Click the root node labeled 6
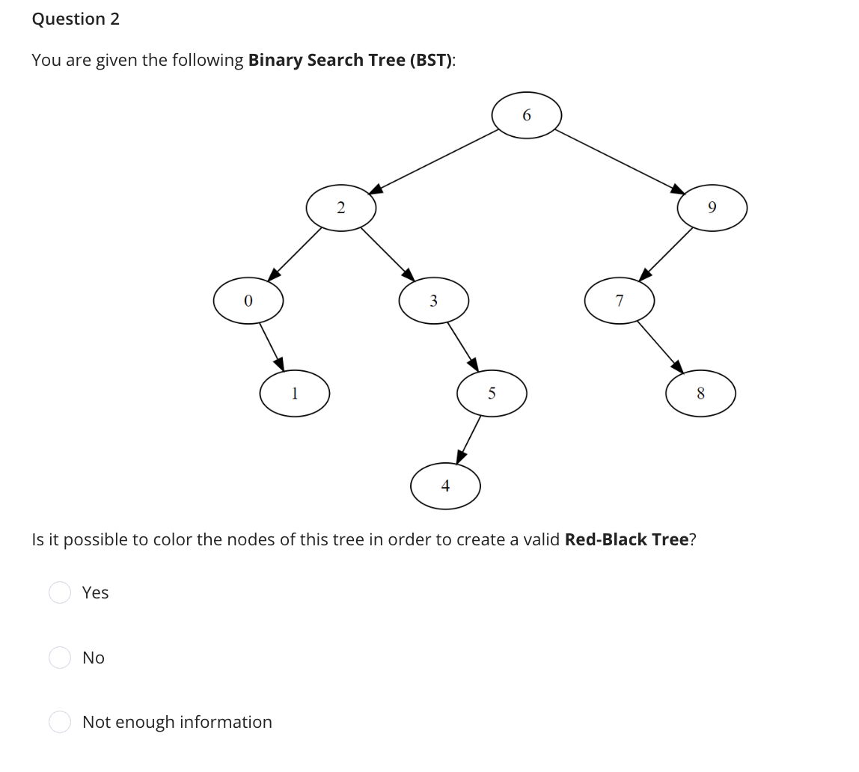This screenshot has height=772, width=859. (x=526, y=115)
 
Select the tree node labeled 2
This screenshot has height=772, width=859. (x=340, y=208)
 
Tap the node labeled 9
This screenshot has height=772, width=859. (x=712, y=208)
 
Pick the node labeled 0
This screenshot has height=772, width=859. (x=248, y=301)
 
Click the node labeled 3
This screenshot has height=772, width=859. (x=433, y=301)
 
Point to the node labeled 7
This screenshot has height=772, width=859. (x=619, y=301)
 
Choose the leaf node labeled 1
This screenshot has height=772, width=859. (x=295, y=393)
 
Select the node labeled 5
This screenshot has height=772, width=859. (x=492, y=393)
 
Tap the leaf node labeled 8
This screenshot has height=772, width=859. (x=700, y=393)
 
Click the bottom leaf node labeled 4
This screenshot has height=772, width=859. (x=445, y=486)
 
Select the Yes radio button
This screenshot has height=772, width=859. (x=60, y=592)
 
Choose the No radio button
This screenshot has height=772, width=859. (x=60, y=658)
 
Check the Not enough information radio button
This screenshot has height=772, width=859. (x=60, y=722)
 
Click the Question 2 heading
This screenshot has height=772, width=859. (x=76, y=19)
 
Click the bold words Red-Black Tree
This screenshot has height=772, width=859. (x=626, y=540)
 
